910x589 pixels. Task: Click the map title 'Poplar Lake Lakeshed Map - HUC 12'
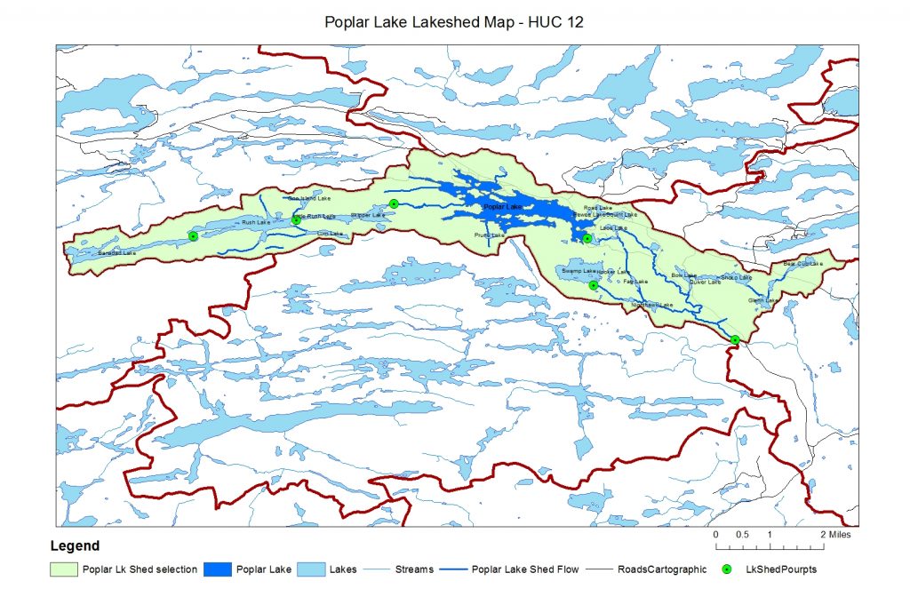(454, 21)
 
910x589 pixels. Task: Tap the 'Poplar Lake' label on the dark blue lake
(503, 207)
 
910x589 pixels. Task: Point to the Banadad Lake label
(117, 253)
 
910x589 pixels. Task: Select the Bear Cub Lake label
(802, 263)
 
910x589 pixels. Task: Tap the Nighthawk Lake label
(652, 305)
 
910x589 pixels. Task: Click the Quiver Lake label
(705, 282)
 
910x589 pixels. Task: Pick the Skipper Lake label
(368, 215)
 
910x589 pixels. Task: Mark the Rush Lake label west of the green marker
(255, 222)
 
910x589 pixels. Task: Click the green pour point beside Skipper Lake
(394, 204)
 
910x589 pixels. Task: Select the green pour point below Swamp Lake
(594, 285)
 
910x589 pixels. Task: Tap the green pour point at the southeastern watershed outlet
(735, 340)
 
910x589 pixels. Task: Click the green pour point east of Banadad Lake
(193, 235)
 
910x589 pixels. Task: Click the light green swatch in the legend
(64, 569)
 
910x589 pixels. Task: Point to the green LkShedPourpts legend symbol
(726, 569)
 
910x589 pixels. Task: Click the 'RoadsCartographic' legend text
(662, 569)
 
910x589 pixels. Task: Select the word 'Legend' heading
(74, 546)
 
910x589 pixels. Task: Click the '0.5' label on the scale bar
(742, 535)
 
